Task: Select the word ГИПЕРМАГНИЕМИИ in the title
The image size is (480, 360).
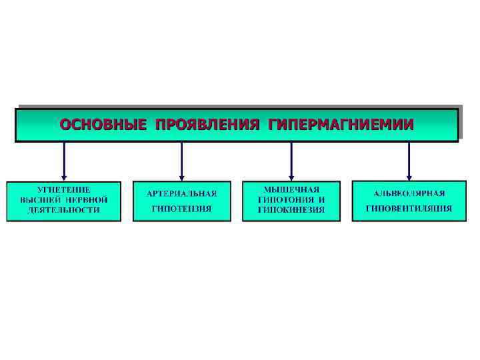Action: [340, 124]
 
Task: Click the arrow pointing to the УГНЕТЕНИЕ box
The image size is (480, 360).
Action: [64, 160]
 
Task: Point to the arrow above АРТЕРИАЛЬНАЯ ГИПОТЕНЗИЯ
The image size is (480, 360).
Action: [182, 160]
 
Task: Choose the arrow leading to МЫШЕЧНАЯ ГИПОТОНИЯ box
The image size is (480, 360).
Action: [291, 160]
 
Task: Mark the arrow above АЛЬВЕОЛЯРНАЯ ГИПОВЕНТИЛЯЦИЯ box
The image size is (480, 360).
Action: [409, 160]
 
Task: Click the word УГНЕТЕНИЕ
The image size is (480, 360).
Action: [64, 190]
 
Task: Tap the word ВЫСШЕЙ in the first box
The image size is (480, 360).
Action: [38, 199]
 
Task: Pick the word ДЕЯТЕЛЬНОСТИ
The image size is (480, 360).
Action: [64, 209]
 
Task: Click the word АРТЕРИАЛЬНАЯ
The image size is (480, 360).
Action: [182, 194]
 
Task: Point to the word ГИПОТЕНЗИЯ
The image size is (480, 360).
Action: [182, 209]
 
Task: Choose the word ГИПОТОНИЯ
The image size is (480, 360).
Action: [283, 199]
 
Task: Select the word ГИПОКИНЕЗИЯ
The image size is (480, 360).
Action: [291, 209]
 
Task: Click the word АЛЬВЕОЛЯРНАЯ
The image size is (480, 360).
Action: [409, 194]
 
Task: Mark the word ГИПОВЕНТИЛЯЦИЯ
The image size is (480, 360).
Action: [409, 209]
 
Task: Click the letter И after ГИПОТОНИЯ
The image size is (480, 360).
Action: [321, 199]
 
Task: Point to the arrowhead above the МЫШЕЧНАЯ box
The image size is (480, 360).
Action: [291, 175]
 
